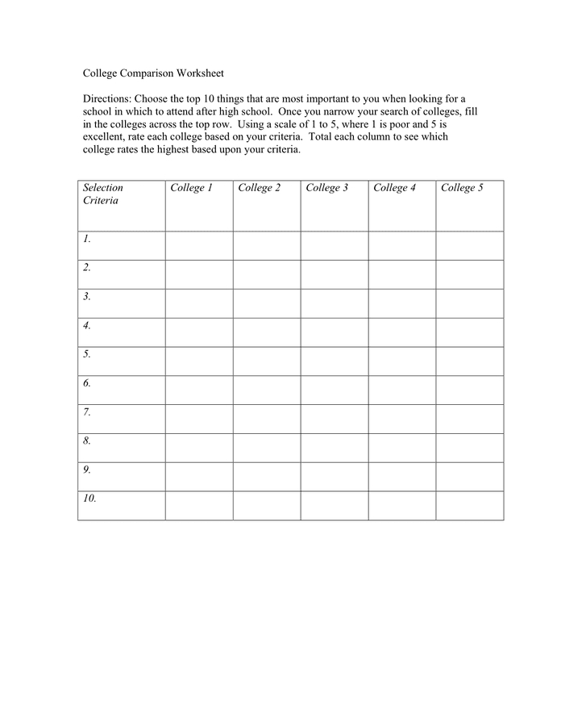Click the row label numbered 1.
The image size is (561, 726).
[x=86, y=239]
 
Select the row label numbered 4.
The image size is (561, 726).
[x=86, y=326]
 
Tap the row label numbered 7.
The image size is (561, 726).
[x=86, y=412]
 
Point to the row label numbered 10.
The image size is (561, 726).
[x=89, y=499]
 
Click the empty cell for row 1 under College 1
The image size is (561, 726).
[x=199, y=246]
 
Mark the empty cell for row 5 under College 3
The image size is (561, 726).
[x=335, y=361]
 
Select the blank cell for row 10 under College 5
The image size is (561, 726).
[x=470, y=506]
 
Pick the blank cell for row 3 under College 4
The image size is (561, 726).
[x=402, y=303]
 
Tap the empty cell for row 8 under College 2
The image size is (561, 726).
[x=267, y=448]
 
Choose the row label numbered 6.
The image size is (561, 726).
[x=86, y=383]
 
